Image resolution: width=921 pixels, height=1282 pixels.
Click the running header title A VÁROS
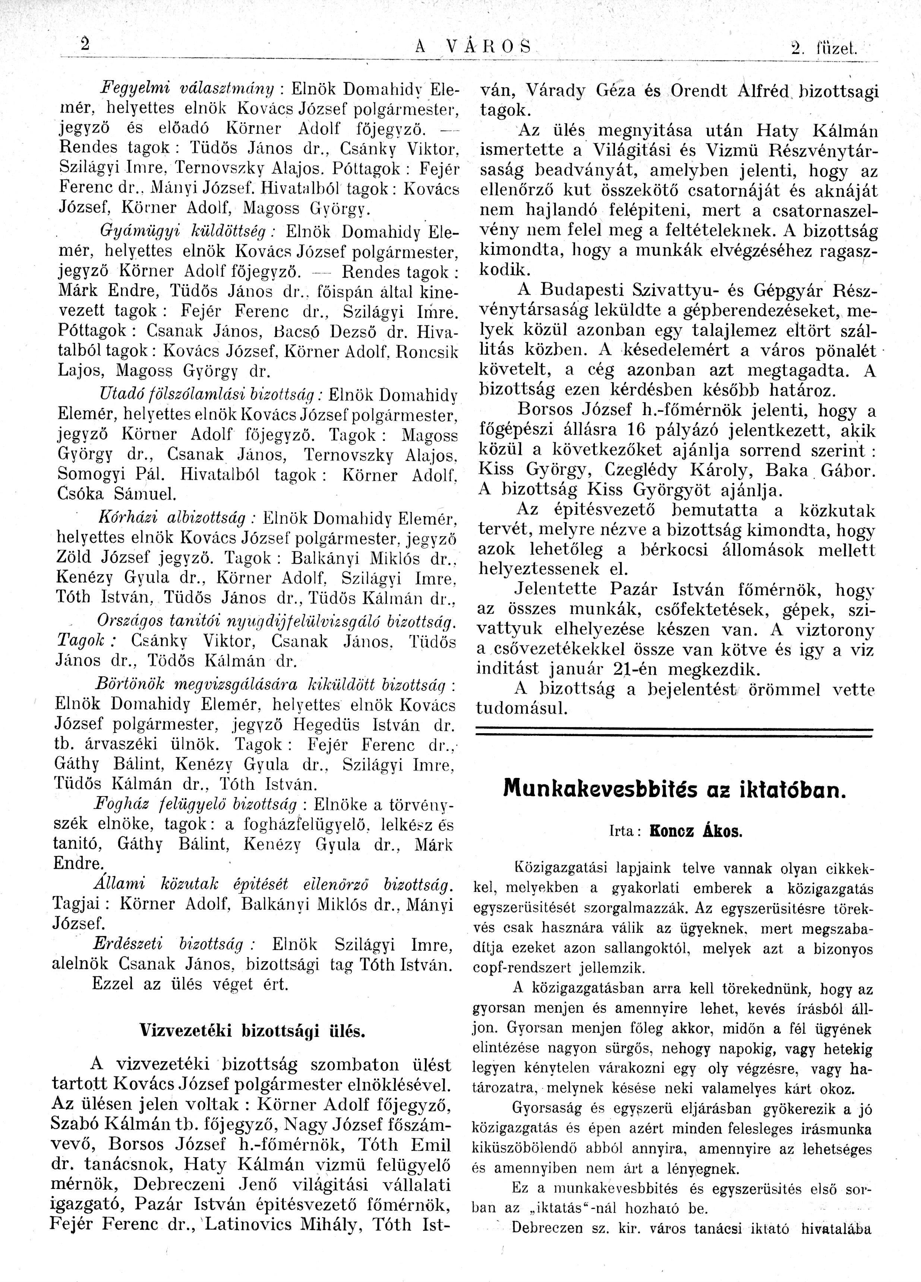tap(473, 47)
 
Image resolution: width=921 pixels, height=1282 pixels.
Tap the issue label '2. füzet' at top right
tap(825, 48)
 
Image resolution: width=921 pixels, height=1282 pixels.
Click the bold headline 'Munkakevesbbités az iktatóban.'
tap(675, 788)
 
